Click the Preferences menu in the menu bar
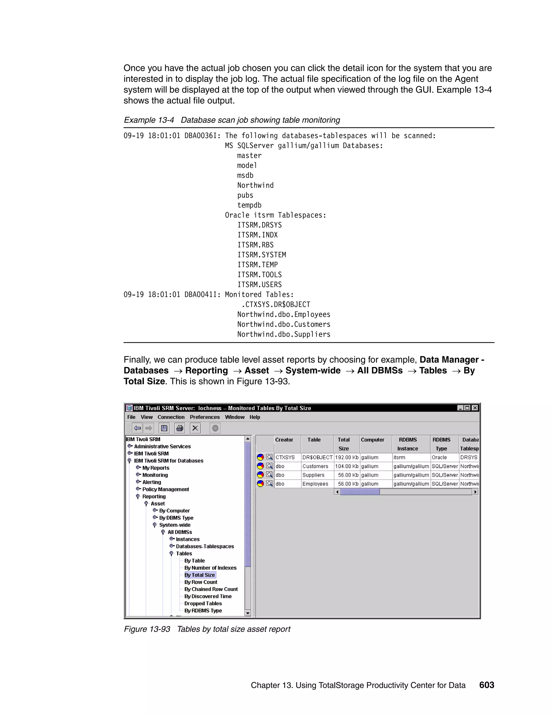(x=204, y=417)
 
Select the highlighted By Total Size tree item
(x=200, y=575)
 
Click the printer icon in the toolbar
(x=180, y=428)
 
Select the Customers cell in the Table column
(x=315, y=466)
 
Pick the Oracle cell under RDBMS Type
(x=439, y=457)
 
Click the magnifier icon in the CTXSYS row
(x=269, y=457)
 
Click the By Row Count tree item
(x=201, y=582)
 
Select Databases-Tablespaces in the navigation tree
(x=205, y=546)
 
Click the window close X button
(x=475, y=408)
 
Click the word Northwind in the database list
(x=255, y=185)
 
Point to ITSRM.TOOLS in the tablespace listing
(x=259, y=275)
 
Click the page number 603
(x=487, y=685)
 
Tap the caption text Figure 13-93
(x=147, y=629)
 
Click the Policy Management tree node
(x=166, y=489)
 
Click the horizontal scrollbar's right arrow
(x=475, y=492)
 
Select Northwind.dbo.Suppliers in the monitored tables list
(x=284, y=334)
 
